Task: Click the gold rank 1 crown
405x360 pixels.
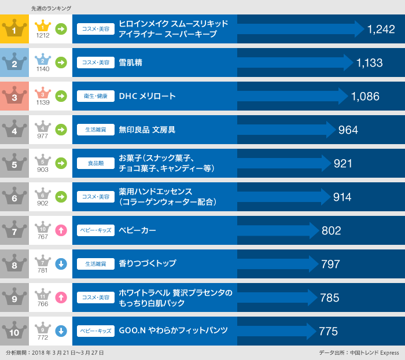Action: tap(15, 29)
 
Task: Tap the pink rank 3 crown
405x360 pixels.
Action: tap(15, 96)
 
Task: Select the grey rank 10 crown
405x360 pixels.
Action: tap(15, 331)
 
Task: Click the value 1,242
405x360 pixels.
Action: tap(381, 30)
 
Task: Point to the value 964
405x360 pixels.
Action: tap(348, 130)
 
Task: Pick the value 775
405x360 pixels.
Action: tap(328, 332)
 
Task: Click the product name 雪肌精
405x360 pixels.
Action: tap(131, 63)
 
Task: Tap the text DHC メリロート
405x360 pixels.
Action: tap(147, 96)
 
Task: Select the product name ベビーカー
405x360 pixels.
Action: tap(137, 230)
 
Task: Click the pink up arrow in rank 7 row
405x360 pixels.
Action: tap(61, 230)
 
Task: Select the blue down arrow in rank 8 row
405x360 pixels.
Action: tap(61, 264)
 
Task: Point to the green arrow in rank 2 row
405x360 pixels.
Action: tap(61, 63)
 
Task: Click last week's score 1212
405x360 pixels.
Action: tap(43, 35)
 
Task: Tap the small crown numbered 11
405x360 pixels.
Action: tap(43, 294)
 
